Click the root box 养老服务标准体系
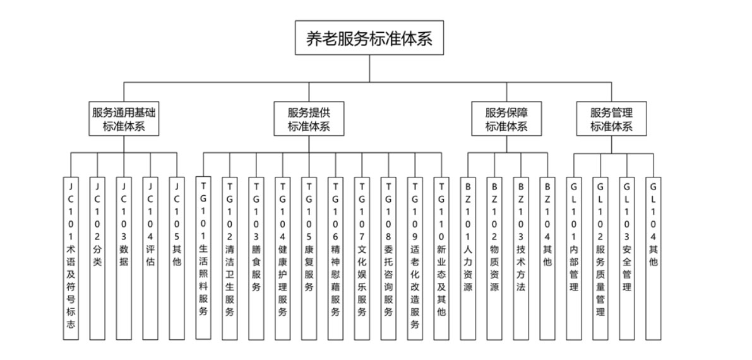coord(369,39)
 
